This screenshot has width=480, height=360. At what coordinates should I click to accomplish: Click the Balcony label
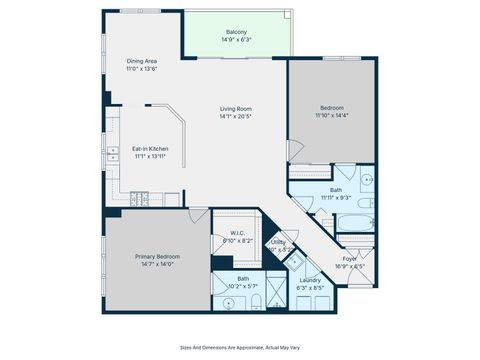point(236,32)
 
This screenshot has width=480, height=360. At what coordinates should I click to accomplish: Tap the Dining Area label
point(141,61)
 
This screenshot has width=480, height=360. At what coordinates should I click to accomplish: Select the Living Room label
point(236,108)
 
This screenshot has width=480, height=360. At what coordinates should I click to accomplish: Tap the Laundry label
point(310,280)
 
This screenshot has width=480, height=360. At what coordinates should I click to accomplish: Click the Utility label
point(278,241)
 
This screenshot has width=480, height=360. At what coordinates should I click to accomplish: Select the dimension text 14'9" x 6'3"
point(236,40)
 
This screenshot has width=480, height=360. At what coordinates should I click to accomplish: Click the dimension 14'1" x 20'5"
point(236,116)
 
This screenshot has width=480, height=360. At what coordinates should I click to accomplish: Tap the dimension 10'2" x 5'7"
point(243,286)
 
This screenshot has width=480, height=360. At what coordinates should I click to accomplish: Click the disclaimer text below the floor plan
point(240,347)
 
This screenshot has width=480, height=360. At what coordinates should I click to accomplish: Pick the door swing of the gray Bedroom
point(294,150)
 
